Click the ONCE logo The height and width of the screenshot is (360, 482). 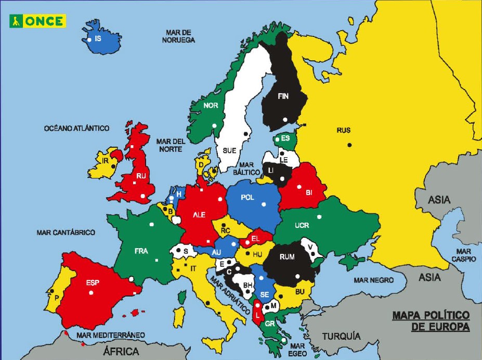coord(38,21)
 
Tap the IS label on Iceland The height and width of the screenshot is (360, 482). coord(98,38)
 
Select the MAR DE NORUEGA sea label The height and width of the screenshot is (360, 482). coord(178,36)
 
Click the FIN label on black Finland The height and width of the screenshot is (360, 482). coord(283,96)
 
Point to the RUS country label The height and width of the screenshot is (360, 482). coord(344,131)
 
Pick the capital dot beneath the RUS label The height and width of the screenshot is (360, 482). coord(350,144)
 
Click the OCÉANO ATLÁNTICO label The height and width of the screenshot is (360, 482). coord(77,128)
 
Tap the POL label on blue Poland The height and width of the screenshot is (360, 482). coord(247,197)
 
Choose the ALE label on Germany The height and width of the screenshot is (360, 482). coord(199,214)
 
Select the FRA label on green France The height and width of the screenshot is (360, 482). coord(141,251)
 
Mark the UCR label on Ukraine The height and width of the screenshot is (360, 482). coord(302,226)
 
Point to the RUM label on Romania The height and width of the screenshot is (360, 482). coord(286,256)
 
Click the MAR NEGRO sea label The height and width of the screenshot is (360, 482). coord(374,280)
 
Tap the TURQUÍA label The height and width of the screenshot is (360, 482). coord(341,336)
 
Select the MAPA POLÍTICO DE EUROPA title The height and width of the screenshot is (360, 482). coord(431,321)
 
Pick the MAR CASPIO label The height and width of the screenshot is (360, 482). coord(463,255)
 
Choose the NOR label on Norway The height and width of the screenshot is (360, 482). coord(211,105)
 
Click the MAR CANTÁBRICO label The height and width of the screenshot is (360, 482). coord(66,233)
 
